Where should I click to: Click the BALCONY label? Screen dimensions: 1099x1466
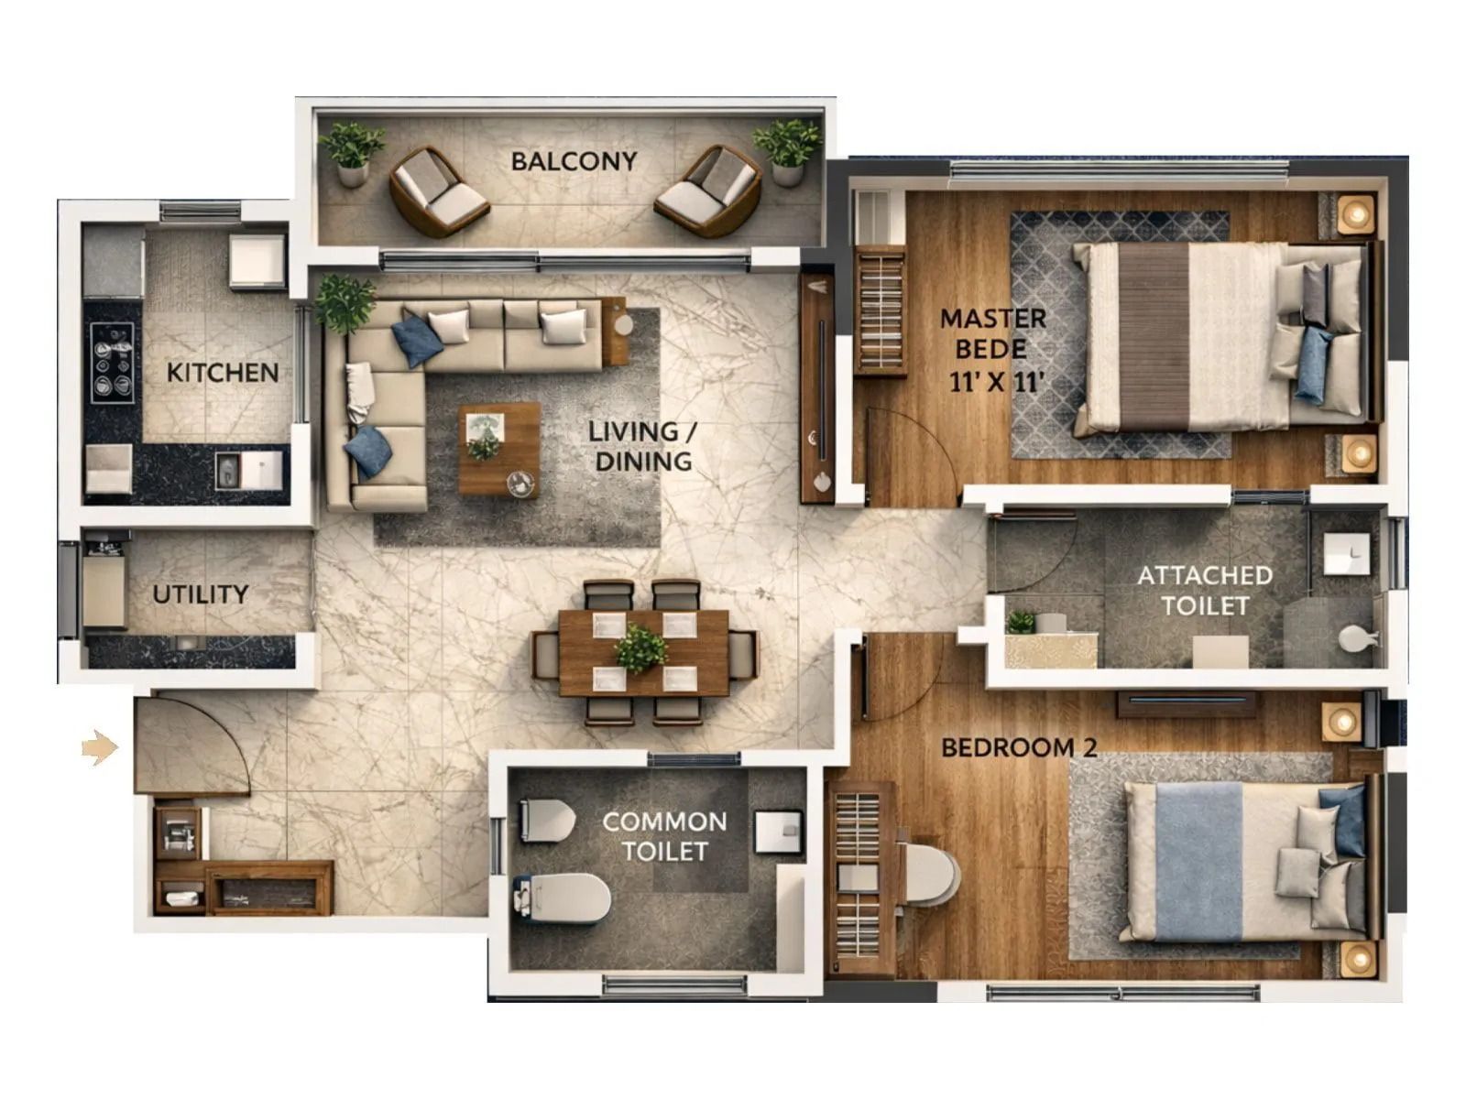574,161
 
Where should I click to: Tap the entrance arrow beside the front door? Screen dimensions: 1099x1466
100,747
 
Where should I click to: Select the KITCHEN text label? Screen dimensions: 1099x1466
223,373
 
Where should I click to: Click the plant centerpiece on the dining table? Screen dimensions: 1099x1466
640,647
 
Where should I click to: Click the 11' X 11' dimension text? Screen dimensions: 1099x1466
998,381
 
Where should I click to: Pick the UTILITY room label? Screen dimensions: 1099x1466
200,594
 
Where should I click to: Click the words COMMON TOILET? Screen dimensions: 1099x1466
664,836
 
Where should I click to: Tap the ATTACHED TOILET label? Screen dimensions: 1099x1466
1204,590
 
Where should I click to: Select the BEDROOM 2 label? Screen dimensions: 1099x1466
1018,747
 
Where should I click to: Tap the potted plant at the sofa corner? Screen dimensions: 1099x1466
345,303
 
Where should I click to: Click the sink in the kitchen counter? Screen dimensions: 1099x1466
244,471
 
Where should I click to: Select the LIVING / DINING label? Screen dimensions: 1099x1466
642,446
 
